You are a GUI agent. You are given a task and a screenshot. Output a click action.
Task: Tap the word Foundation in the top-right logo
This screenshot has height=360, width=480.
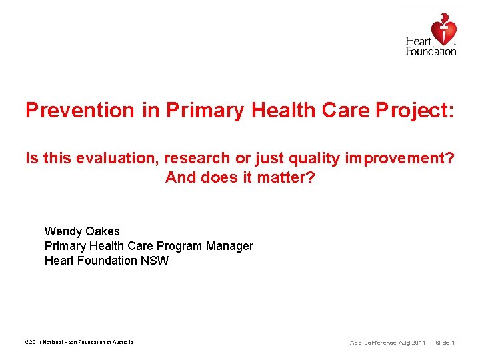pos(431,51)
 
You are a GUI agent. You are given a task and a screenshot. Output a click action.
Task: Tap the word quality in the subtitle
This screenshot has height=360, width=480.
pos(313,158)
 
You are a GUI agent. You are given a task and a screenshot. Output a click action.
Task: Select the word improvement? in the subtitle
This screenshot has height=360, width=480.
pos(399,158)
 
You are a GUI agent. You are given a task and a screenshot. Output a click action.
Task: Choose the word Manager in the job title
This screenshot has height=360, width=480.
pos(229,246)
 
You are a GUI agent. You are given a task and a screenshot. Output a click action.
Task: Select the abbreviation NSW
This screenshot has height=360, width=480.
pos(155,261)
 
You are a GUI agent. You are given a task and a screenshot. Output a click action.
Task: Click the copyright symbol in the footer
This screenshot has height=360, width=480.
pos(27,343)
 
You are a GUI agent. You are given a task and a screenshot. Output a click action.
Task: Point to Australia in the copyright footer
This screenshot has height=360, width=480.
pos(121,343)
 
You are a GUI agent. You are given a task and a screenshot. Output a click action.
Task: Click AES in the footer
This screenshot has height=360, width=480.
pos(356,343)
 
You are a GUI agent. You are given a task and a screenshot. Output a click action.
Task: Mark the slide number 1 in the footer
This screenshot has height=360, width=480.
pos(453,343)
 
